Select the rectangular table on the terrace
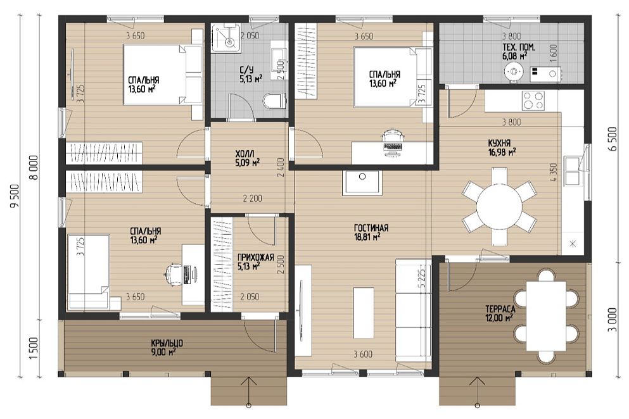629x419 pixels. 546,316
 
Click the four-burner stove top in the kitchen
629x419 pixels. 533,101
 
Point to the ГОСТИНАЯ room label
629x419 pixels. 371,228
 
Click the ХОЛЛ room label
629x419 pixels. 245,154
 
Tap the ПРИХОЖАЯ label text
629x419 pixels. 255,258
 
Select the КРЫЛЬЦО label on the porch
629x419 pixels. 167,343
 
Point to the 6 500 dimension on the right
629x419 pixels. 613,139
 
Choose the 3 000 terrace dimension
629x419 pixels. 613,319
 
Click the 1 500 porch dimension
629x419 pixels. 34,348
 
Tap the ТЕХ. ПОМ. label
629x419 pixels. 518,47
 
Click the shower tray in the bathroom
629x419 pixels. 226,38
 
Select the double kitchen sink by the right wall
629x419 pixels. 572,171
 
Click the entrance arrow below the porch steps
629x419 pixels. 249,391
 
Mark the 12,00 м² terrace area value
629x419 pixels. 500,318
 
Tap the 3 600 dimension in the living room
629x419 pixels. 362,354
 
